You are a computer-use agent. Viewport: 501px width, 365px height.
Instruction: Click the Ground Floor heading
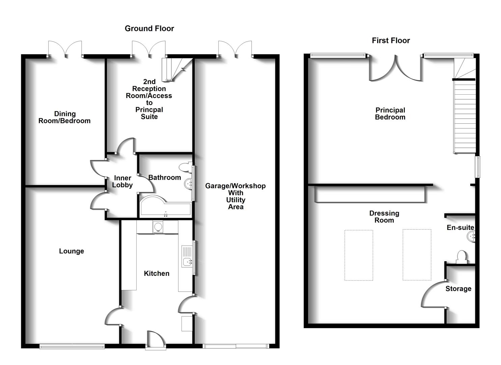(149, 28)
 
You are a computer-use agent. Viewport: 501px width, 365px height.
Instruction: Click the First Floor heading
(391, 41)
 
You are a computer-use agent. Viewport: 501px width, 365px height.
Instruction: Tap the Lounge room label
(71, 251)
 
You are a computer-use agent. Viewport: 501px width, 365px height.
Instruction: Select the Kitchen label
(157, 273)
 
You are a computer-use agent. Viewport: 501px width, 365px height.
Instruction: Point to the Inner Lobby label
(122, 181)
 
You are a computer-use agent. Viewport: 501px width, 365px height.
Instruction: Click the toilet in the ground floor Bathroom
(185, 167)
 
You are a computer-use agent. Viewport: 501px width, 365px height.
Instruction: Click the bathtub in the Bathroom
(166, 206)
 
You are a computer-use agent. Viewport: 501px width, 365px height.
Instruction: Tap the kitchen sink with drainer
(187, 257)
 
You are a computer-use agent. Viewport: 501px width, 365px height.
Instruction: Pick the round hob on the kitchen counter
(158, 226)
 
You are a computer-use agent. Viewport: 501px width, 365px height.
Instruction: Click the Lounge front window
(72, 347)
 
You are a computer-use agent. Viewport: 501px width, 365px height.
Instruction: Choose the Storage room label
(458, 289)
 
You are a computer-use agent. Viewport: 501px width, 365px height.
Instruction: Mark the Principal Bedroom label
(390, 114)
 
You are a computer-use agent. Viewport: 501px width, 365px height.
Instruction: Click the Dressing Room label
(384, 217)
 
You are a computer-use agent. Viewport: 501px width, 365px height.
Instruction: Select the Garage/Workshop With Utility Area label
(235, 196)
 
